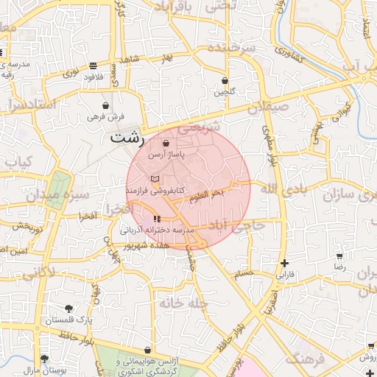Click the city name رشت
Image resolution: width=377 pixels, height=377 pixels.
[x=127, y=136]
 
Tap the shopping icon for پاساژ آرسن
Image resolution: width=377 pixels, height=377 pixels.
[x=165, y=143]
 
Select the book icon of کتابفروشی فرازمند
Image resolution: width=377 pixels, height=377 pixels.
[x=154, y=179]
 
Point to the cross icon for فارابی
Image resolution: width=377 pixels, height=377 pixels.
[x=284, y=263]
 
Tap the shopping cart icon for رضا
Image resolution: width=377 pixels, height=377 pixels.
[x=339, y=257]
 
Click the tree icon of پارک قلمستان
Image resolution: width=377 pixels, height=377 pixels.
[x=68, y=309]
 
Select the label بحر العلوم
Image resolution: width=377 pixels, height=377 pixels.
[x=207, y=195]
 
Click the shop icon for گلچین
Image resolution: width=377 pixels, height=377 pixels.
[x=225, y=81]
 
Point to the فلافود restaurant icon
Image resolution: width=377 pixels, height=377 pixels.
[x=92, y=66]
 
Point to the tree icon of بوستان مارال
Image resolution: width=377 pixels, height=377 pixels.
[x=45, y=359]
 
